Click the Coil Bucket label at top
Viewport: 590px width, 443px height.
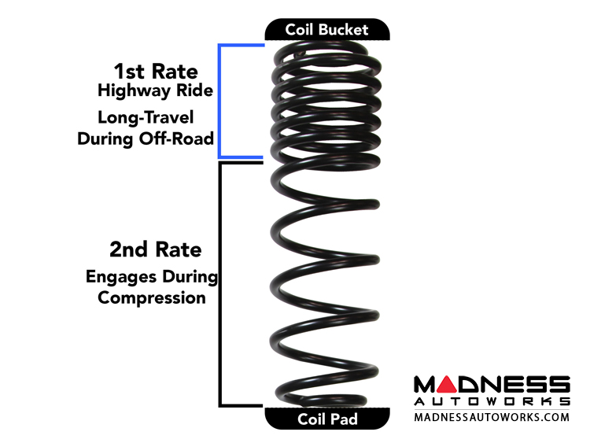(x=326, y=31)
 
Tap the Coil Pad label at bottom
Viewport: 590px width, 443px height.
(x=326, y=419)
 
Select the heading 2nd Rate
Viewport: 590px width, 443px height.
(x=156, y=250)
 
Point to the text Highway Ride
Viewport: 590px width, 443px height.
(x=155, y=90)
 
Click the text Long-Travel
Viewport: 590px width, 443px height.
(x=155, y=118)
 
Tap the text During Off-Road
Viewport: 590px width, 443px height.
(x=146, y=139)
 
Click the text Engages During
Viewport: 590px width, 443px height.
(x=152, y=277)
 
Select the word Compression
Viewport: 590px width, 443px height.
(x=152, y=298)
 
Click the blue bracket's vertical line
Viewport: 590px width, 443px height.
(x=219, y=101)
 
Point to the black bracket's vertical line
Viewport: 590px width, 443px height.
(x=219, y=283)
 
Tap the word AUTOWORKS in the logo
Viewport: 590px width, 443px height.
(x=492, y=401)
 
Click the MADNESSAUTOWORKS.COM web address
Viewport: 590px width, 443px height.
(x=492, y=417)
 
